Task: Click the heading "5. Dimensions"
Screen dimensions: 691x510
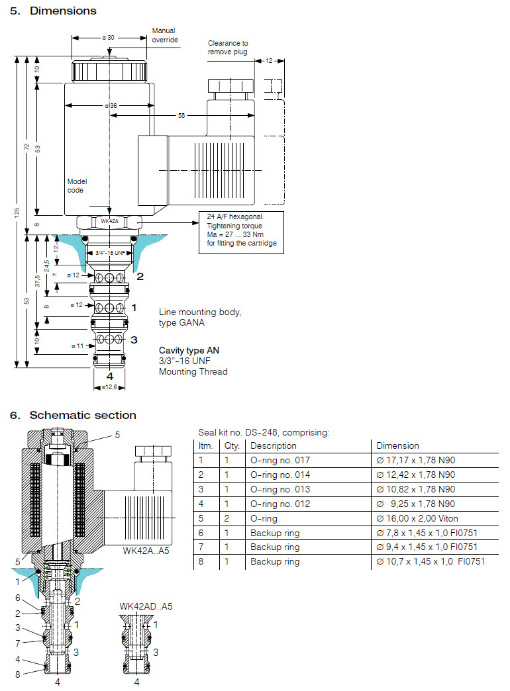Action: point(53,11)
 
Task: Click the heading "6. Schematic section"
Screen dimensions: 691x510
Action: point(73,416)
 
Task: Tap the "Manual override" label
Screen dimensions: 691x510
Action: point(164,35)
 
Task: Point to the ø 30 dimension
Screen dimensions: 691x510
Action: point(109,38)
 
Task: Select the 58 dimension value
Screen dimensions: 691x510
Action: point(181,115)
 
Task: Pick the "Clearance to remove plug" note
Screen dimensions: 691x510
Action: point(228,48)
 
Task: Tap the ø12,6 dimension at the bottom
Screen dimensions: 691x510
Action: point(108,387)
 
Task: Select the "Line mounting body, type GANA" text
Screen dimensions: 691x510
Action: point(200,317)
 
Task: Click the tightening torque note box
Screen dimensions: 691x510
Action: point(241,233)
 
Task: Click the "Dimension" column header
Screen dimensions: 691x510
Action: point(397,446)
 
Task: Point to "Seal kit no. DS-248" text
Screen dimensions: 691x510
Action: point(264,433)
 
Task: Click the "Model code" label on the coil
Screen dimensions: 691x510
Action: point(77,185)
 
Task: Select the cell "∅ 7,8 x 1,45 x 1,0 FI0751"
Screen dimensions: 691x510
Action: point(427,533)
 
